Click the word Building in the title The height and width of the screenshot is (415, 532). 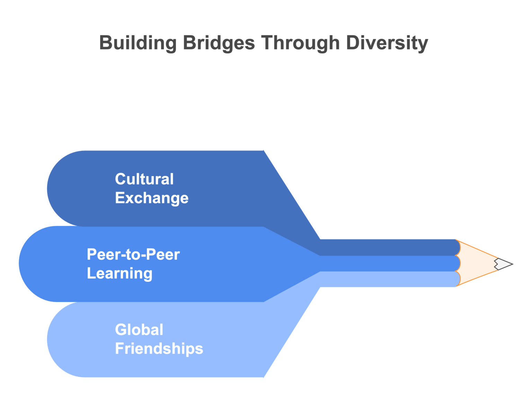[x=138, y=43]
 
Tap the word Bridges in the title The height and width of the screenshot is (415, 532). [x=219, y=43]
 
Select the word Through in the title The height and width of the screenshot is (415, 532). [x=300, y=43]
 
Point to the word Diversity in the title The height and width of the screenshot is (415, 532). [x=387, y=43]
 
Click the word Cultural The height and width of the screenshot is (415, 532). [x=144, y=179]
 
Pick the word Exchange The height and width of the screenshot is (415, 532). [x=152, y=198]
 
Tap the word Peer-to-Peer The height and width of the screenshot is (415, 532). [x=133, y=254]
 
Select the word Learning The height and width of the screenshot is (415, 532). [x=119, y=273]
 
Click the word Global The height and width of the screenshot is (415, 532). [x=139, y=330]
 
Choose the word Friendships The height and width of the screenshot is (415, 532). [x=159, y=348]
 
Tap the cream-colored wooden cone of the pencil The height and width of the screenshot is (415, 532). [x=476, y=263]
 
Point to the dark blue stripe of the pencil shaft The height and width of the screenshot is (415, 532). [x=388, y=247]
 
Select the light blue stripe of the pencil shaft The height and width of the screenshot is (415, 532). [x=388, y=279]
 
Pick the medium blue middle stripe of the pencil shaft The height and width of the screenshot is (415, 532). [x=388, y=263]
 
